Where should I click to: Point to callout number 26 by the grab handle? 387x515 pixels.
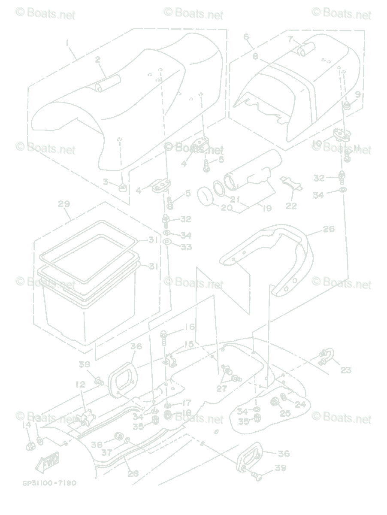click(x=329, y=229)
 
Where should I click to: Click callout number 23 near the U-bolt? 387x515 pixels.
click(x=346, y=370)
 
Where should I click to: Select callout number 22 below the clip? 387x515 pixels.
click(x=291, y=206)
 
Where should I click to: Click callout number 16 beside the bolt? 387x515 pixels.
click(x=190, y=327)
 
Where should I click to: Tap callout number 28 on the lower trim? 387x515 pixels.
click(x=133, y=474)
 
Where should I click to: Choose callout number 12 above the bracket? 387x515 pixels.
click(x=80, y=385)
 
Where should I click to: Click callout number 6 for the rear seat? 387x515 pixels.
click(x=246, y=37)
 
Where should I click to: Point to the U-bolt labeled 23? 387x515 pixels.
click(x=327, y=357)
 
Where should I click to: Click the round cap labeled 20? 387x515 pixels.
click(x=207, y=197)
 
